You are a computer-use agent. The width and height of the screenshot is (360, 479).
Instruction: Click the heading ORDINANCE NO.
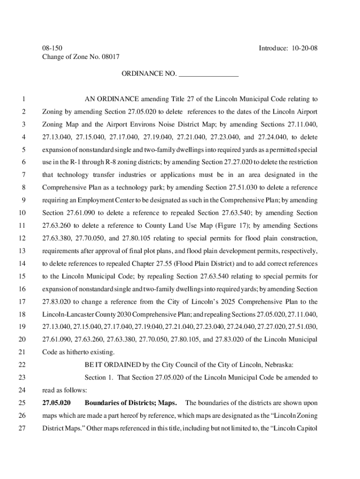tap(149, 74)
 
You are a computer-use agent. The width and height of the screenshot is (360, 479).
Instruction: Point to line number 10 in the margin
tap(22, 213)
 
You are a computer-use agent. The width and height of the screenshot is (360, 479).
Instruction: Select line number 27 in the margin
tap(22, 428)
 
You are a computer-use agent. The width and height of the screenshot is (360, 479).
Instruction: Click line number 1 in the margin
tap(22, 99)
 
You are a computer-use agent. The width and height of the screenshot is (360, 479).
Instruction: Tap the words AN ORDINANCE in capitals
tap(111, 99)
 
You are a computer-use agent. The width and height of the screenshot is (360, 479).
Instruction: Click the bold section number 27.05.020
tap(57, 402)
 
